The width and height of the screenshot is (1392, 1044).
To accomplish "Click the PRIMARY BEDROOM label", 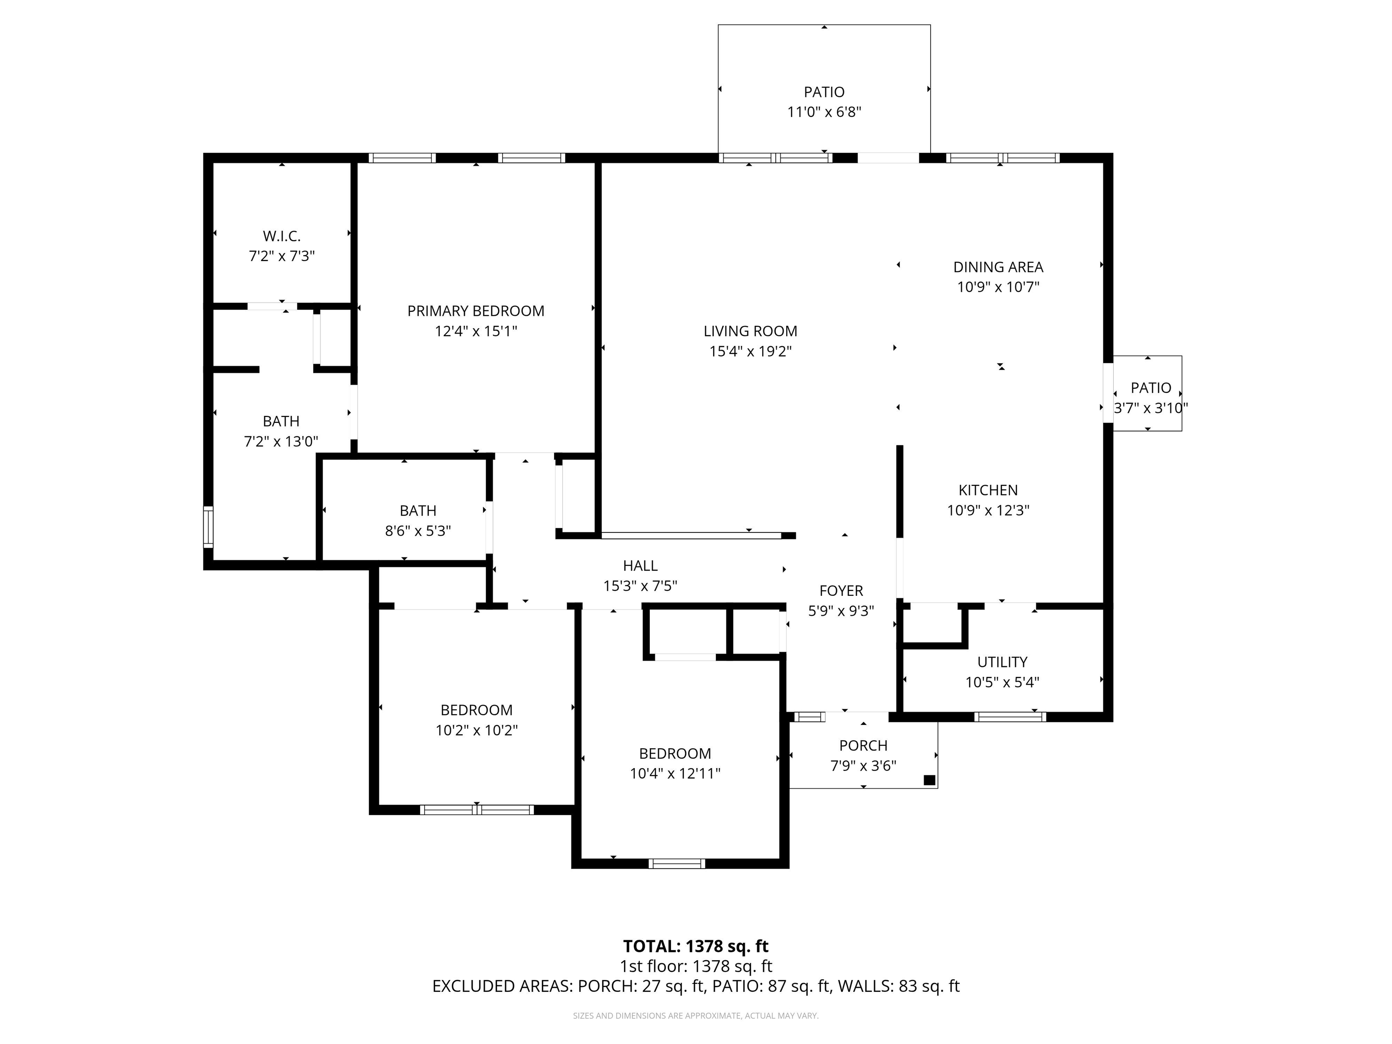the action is tap(476, 311).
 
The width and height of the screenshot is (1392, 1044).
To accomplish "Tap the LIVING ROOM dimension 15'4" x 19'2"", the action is tap(750, 351).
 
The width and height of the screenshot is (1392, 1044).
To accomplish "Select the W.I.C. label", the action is tap(281, 236).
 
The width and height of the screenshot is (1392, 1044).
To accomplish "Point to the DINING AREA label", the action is tap(998, 267).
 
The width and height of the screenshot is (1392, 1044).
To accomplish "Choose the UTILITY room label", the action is tap(1002, 662).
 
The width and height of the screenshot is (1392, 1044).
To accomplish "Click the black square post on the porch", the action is tap(929, 780).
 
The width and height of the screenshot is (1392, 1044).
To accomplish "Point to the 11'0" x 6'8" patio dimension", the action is tap(824, 112).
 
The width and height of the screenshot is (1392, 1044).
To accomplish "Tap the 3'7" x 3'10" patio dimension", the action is tap(1151, 408).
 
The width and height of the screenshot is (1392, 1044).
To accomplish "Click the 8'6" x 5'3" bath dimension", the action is tap(418, 531).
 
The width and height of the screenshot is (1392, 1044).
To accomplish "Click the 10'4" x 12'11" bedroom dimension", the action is tap(675, 773).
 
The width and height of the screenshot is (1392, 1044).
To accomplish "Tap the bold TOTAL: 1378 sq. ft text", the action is tap(696, 946).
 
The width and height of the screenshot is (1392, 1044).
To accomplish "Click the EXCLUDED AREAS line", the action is tap(696, 986).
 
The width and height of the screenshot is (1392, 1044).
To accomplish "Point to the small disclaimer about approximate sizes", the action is tap(696, 1015).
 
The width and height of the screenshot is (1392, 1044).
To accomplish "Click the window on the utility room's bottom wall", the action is tap(1010, 716).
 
